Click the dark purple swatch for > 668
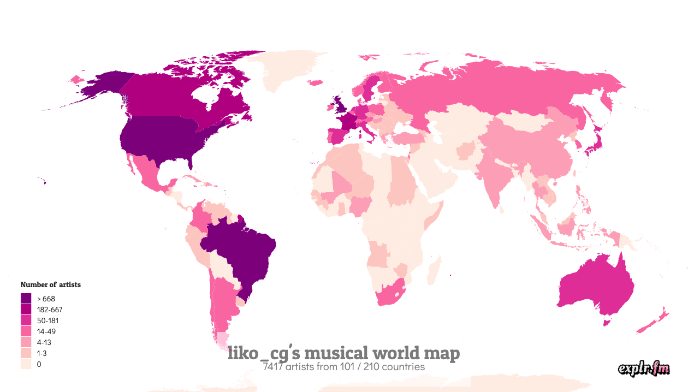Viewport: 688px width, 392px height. tap(26, 299)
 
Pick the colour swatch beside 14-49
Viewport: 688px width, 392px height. tap(26, 331)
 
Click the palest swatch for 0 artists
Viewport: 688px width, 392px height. tap(26, 364)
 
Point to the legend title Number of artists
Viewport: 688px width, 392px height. tap(50, 284)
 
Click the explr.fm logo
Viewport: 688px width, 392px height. tap(644, 369)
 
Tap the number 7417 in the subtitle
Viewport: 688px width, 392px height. tap(273, 367)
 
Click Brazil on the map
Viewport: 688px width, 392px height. tap(240, 251)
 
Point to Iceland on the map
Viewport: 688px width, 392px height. tap(316, 83)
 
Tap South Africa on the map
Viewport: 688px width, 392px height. tap(389, 295)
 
